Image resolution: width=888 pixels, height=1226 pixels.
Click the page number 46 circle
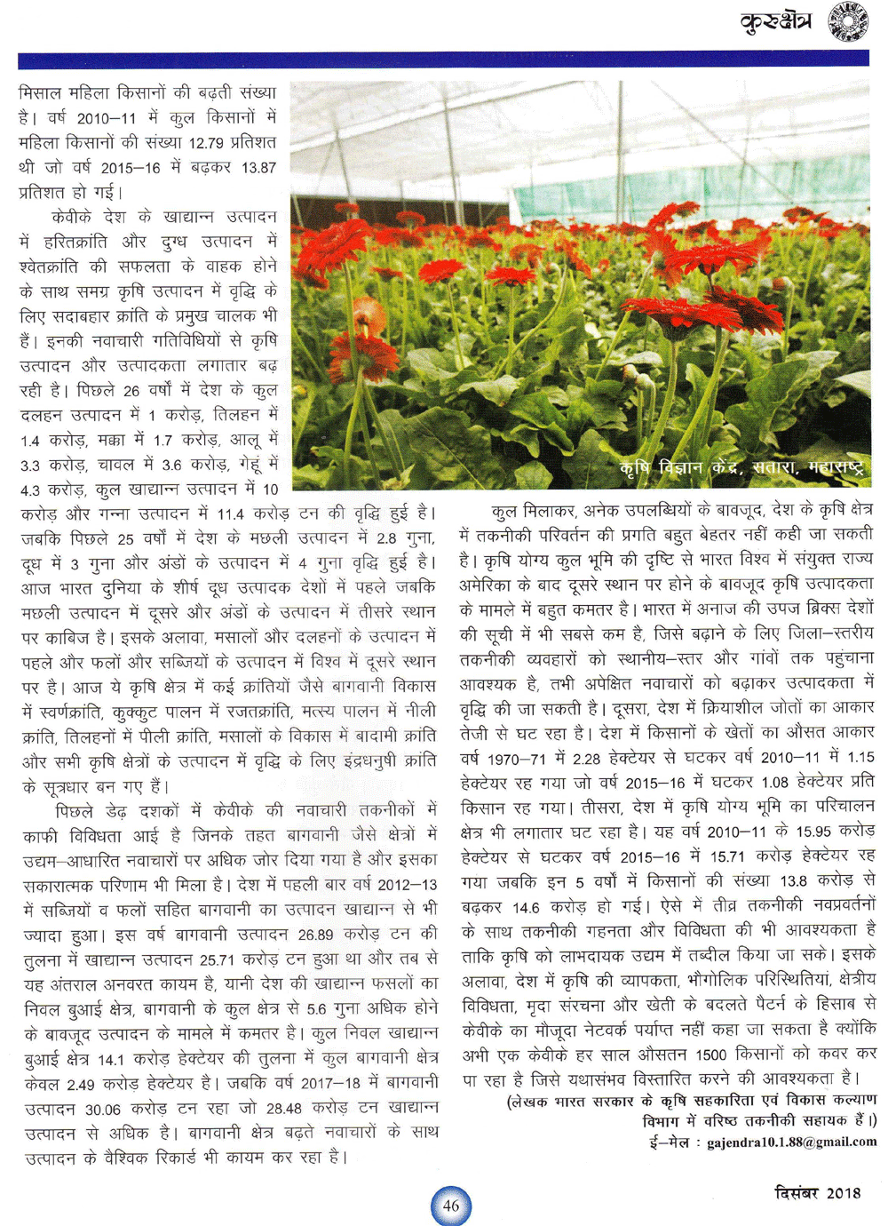point(451,1206)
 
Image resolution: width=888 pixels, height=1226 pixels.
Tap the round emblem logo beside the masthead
point(847,21)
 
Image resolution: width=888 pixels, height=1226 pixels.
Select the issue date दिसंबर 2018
point(817,1193)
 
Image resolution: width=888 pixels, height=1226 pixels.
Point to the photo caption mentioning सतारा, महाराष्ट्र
point(741,468)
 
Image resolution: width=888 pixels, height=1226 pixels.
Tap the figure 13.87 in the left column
point(258,167)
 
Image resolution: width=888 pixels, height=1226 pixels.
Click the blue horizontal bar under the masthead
point(443,60)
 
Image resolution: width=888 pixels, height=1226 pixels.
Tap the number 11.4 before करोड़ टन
point(230,513)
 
